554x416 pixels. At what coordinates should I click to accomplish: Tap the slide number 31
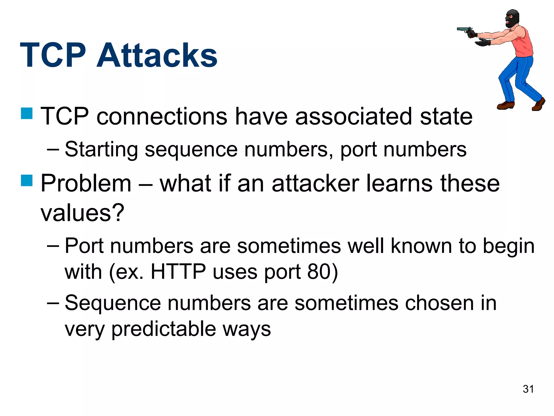point(528,389)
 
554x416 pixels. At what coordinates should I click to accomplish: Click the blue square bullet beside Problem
point(27,180)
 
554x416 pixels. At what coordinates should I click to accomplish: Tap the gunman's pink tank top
point(523,43)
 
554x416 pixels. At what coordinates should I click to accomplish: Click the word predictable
point(164,329)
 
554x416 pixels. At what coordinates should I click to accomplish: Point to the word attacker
point(315,184)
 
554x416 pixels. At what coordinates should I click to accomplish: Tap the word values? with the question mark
point(82,213)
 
